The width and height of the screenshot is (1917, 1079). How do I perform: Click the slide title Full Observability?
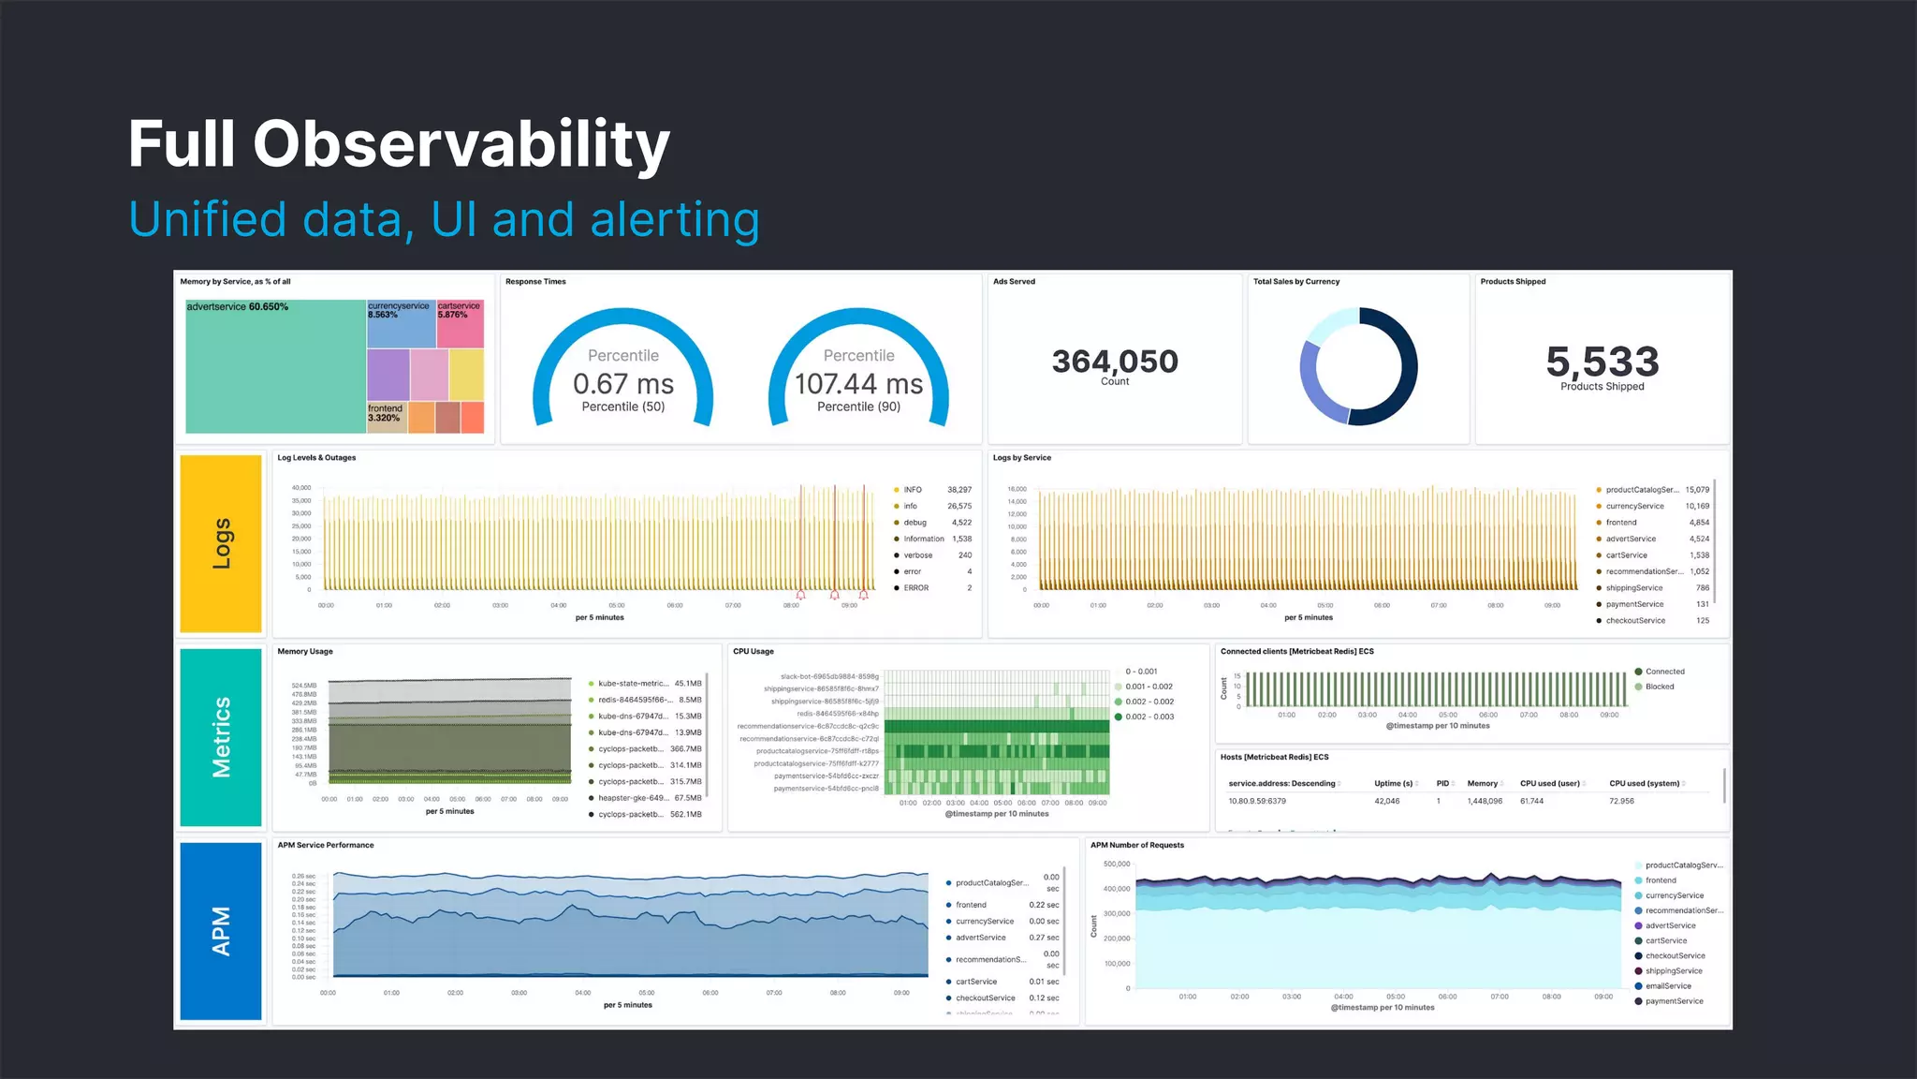pyautogui.click(x=399, y=144)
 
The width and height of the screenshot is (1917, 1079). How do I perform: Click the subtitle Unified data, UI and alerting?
pyautogui.click(x=444, y=220)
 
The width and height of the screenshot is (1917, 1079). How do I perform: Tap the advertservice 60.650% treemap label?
pyautogui.click(x=237, y=307)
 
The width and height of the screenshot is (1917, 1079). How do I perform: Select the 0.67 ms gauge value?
pyautogui.click(x=622, y=384)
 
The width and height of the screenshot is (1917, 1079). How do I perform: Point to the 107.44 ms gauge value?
pyautogui.click(x=858, y=384)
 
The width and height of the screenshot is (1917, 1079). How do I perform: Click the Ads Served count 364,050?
pyautogui.click(x=1114, y=362)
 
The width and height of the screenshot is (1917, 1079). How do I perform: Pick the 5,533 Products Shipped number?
pyautogui.click(x=1602, y=362)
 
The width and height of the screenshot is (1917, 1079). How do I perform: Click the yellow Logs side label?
pyautogui.click(x=221, y=543)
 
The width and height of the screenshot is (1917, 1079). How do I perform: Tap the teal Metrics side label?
pyautogui.click(x=221, y=737)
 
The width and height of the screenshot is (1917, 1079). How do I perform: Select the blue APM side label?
pyautogui.click(x=221, y=930)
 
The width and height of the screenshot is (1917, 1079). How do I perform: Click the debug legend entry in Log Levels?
pyautogui.click(x=915, y=523)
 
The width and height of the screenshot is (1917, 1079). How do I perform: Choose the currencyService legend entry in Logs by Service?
pyautogui.click(x=1634, y=507)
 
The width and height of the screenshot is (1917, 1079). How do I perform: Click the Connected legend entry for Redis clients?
pyautogui.click(x=1664, y=672)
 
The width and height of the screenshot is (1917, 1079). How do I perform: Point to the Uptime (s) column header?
pyautogui.click(x=1393, y=784)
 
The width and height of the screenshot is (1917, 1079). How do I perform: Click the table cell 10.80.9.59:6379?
pyautogui.click(x=1256, y=802)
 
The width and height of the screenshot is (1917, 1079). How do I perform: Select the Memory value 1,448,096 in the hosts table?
pyautogui.click(x=1485, y=802)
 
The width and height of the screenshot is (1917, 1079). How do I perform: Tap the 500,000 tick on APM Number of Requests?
pyautogui.click(x=1116, y=865)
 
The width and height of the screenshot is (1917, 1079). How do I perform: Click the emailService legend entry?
pyautogui.click(x=1668, y=986)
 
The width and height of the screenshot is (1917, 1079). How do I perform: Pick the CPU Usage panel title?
pyautogui.click(x=753, y=652)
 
